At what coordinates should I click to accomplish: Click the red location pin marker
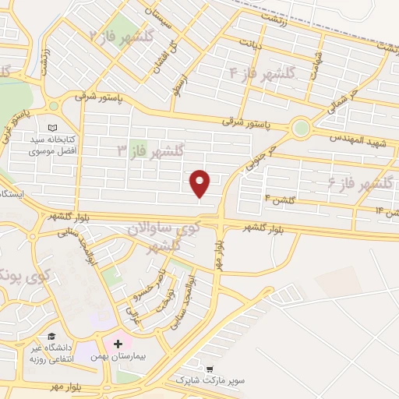200,182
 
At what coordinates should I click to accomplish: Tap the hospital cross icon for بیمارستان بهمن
118,344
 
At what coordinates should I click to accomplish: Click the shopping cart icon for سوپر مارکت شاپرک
210,368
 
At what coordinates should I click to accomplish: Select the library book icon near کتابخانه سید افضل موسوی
52,128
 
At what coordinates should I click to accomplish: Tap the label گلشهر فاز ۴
262,73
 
